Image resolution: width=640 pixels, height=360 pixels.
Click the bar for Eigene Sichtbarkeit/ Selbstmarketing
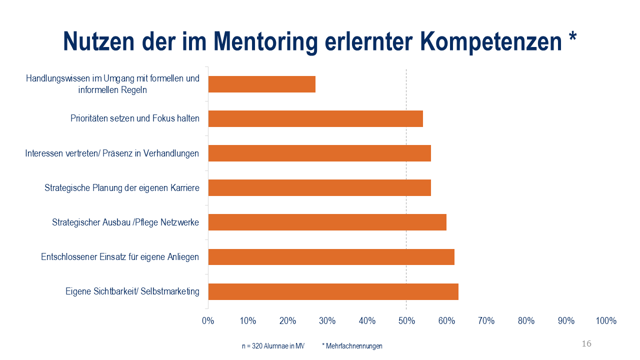pyautogui.click(x=333, y=291)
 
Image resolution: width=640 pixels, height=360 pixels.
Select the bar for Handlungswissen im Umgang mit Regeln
pyautogui.click(x=261, y=84)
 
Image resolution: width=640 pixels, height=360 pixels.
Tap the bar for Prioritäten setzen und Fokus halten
pyautogui.click(x=315, y=118)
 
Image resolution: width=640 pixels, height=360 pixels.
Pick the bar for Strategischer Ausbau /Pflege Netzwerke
pyautogui.click(x=327, y=222)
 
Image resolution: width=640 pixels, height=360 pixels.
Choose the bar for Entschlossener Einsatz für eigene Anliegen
pyautogui.click(x=331, y=256)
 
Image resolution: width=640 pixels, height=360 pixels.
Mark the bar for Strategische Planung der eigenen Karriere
pyautogui.click(x=319, y=187)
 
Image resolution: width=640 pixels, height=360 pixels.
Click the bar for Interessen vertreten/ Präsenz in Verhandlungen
pyautogui.click(x=319, y=153)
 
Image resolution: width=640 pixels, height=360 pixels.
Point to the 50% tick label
pyautogui.click(x=406, y=321)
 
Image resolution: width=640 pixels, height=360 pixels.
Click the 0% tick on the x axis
pyautogui.click(x=208, y=321)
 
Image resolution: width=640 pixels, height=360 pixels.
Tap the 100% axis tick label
pyautogui.click(x=606, y=321)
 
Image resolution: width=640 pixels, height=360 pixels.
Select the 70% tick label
pyautogui.click(x=486, y=321)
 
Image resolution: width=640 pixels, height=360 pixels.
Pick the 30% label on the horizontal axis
pyautogui.click(x=327, y=321)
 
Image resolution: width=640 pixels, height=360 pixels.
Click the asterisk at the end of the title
pyautogui.click(x=572, y=38)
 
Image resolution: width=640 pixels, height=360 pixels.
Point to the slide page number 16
pyautogui.click(x=586, y=343)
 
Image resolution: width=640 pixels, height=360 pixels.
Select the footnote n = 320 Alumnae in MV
pyautogui.click(x=273, y=346)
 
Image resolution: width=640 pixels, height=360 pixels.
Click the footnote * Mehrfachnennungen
pyautogui.click(x=352, y=346)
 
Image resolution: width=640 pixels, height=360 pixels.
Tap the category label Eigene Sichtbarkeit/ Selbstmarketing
pyautogui.click(x=132, y=291)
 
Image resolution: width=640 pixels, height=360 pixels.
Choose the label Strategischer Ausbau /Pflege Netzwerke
pyautogui.click(x=125, y=222)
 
